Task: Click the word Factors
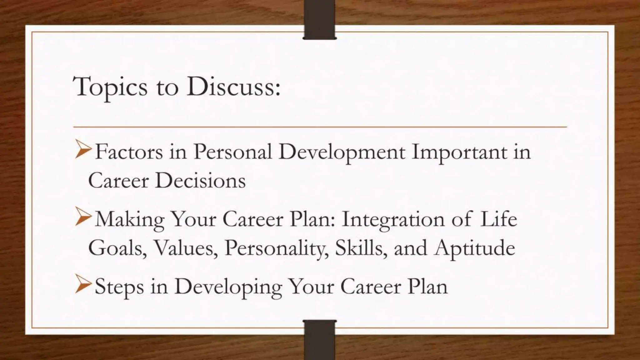pos(129,152)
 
